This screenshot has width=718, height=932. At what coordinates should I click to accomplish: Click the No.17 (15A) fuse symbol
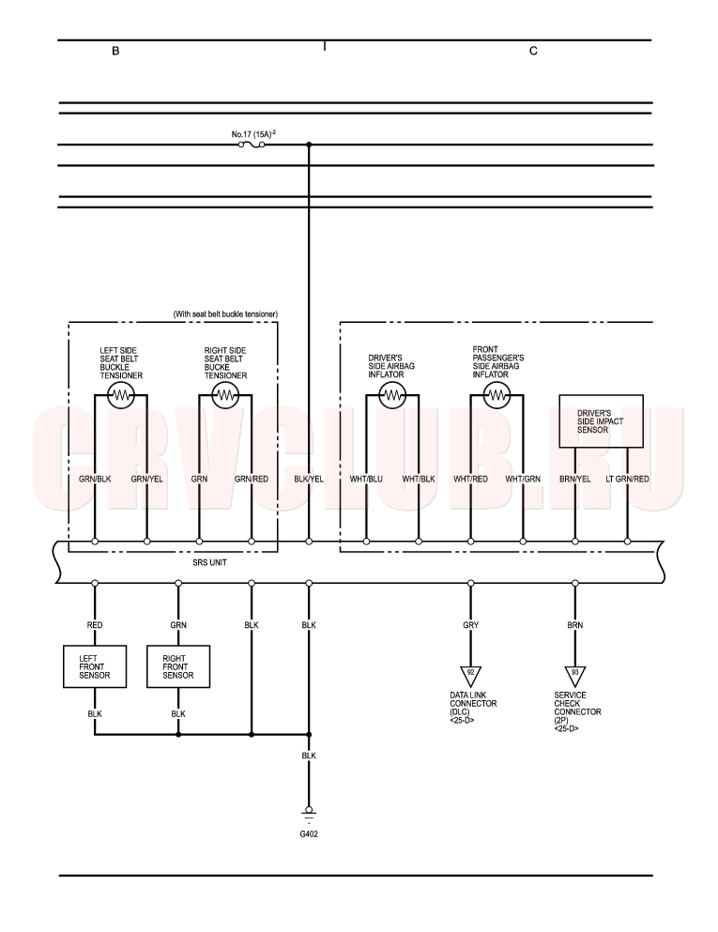coord(252,145)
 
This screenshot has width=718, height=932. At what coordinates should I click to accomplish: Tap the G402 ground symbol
coord(309,812)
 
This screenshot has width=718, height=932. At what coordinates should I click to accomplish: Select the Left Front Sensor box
coord(95,666)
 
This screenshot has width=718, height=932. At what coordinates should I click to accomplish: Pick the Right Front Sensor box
coord(178,666)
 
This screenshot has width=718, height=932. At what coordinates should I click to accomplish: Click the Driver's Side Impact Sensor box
coord(601,421)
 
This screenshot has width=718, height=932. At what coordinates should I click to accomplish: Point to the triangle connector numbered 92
coord(471,676)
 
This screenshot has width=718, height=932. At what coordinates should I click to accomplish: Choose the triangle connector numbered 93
coord(574,676)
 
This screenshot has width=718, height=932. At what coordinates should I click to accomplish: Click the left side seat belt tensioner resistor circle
coord(121,395)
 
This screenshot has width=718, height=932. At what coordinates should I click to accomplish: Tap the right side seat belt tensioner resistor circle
coord(225,395)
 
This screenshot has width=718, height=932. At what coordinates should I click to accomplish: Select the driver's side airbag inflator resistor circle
coord(392,395)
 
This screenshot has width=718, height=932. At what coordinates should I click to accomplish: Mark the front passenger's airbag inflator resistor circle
coord(496,395)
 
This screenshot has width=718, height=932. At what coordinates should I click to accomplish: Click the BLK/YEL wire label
coord(309,479)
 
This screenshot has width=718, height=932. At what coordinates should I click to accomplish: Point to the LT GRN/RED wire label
coord(627,479)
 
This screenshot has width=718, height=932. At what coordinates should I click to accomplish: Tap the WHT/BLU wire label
coord(366,479)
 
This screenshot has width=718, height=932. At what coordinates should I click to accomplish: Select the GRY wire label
coord(471,625)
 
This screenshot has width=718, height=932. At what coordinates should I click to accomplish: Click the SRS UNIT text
coord(210,562)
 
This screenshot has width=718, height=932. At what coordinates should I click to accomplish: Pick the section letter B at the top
coord(115,51)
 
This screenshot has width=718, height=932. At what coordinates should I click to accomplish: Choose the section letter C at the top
coord(533,51)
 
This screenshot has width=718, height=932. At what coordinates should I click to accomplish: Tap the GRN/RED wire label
coord(252,479)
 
